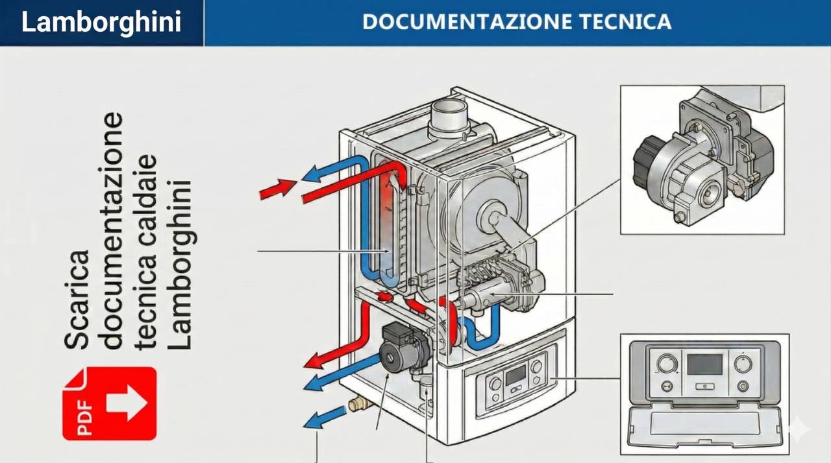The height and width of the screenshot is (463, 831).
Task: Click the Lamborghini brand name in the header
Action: [101, 23]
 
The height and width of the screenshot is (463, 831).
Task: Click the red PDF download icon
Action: [109, 403]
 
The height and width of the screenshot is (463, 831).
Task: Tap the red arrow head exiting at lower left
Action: [316, 361]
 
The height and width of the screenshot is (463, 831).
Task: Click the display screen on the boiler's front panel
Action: [515, 374]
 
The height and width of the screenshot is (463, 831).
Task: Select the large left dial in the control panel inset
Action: [666, 363]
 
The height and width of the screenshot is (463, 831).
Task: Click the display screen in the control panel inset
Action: [704, 364]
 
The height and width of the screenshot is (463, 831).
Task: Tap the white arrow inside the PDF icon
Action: [125, 403]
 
